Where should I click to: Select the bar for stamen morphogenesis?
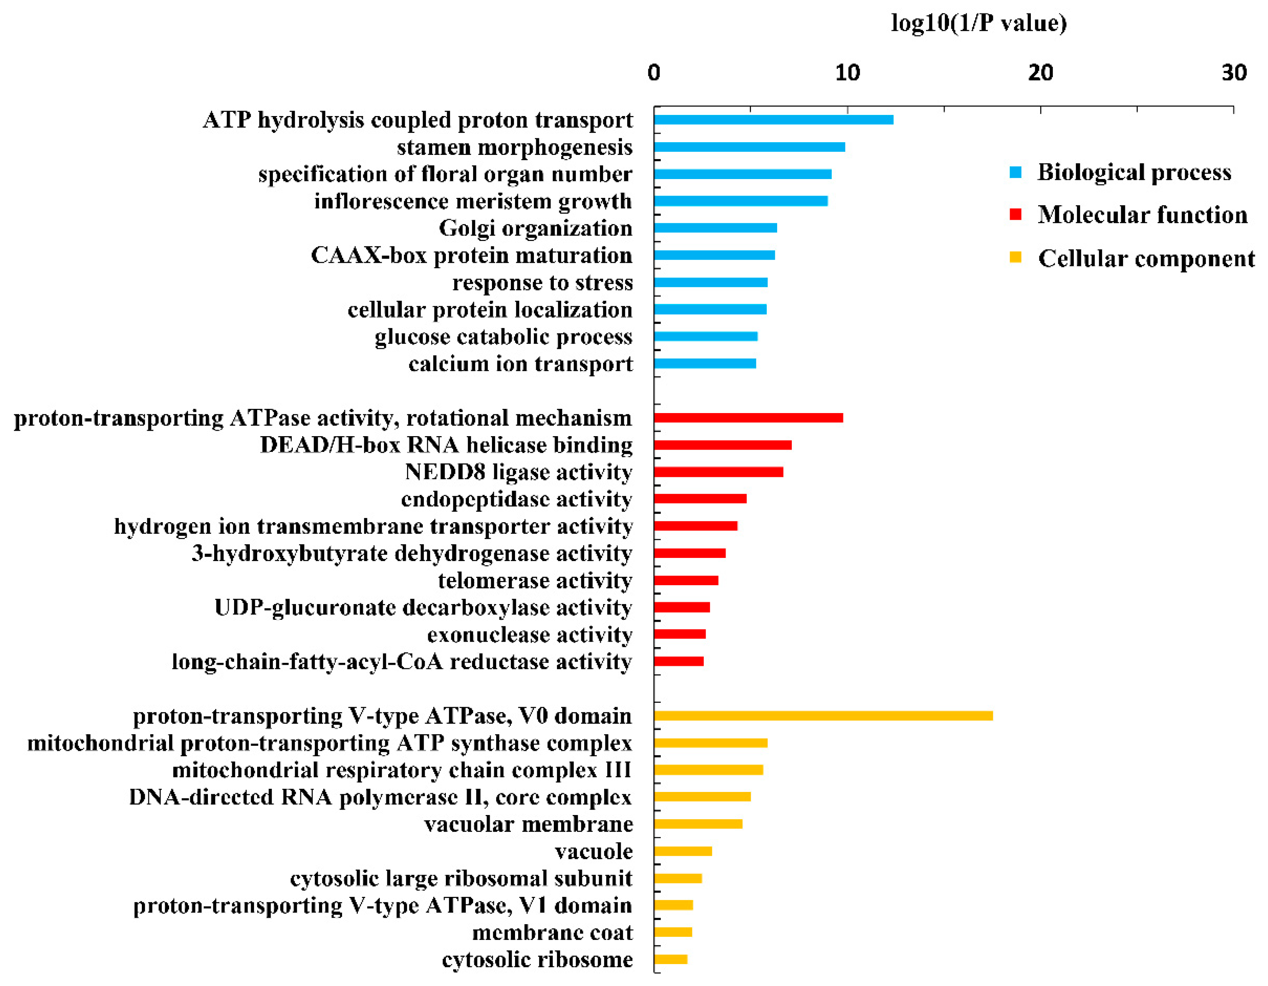point(749,147)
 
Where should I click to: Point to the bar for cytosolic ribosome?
point(671,959)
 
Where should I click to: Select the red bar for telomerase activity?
point(686,580)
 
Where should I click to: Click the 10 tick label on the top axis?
point(847,73)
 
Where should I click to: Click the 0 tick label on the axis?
point(654,73)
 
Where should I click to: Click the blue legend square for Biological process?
point(1015,172)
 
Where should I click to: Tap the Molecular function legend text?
point(1142,215)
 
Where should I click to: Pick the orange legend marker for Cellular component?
point(1015,257)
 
